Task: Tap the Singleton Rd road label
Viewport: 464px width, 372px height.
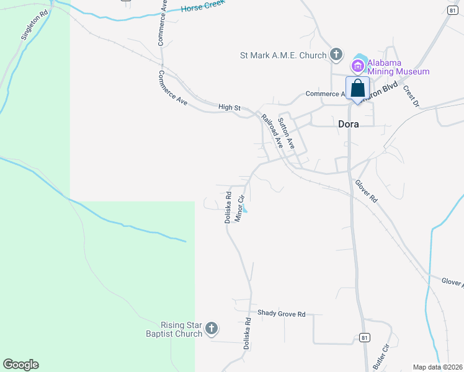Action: tap(33, 25)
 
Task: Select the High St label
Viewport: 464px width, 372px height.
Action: tap(229, 107)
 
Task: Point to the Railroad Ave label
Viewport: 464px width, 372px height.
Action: tap(272, 131)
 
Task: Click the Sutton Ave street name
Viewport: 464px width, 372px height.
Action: tap(286, 133)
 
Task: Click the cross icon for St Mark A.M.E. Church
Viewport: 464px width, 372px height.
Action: tap(336, 55)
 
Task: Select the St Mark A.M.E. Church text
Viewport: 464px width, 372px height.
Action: tap(283, 55)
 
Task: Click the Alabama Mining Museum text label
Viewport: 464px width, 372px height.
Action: tap(398, 67)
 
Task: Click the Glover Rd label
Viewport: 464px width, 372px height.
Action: tap(366, 192)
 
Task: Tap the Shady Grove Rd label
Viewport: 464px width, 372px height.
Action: tap(282, 314)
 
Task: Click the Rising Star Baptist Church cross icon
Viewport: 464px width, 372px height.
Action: tap(212, 329)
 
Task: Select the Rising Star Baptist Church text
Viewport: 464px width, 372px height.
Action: tap(181, 329)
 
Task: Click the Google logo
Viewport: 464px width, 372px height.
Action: tap(20, 365)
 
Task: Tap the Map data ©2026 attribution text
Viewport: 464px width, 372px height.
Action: tap(438, 367)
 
